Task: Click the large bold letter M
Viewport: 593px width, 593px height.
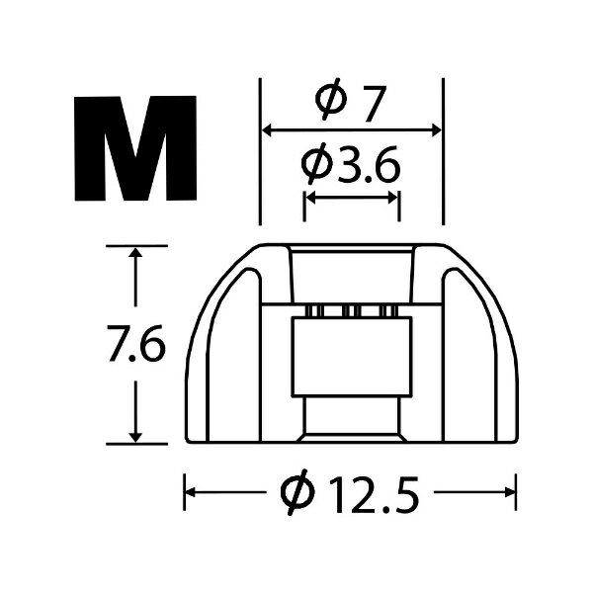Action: [135, 148]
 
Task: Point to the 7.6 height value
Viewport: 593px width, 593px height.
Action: [136, 344]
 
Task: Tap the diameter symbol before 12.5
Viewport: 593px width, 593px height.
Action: [298, 492]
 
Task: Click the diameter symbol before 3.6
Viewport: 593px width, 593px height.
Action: [316, 163]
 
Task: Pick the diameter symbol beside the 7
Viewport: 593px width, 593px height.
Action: [330, 99]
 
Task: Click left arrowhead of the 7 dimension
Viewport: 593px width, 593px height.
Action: [268, 130]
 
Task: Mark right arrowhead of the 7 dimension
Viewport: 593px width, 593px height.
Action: [436, 130]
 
